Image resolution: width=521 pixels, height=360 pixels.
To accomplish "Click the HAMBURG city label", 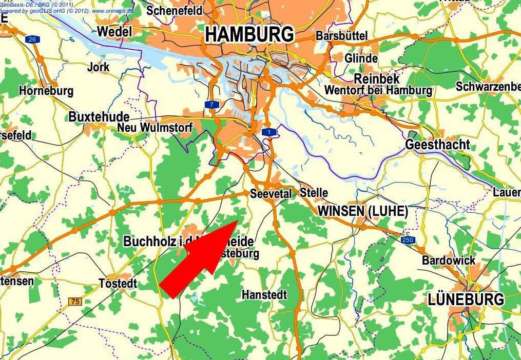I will (249, 34).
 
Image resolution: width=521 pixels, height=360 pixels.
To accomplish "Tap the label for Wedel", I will (114, 31).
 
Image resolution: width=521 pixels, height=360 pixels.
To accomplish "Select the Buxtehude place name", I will (99, 116).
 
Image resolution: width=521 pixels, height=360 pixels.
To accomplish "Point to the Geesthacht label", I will (437, 145).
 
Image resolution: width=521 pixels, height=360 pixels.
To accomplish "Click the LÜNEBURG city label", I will (466, 299).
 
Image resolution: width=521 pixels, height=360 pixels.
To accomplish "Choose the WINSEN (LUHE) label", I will (362, 211).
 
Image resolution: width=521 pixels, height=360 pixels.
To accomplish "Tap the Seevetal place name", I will (271, 194).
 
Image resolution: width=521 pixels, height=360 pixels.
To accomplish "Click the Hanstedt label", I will (264, 295).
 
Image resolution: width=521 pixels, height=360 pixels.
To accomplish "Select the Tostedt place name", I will (118, 283).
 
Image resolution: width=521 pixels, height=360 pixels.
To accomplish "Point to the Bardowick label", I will (449, 261).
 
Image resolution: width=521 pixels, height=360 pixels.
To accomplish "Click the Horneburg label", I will (46, 91).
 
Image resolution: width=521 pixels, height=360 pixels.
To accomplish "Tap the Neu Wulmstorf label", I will (155, 127).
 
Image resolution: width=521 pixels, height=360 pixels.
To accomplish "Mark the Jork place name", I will (98, 67).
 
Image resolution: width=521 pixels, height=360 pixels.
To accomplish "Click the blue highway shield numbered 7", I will (211, 105).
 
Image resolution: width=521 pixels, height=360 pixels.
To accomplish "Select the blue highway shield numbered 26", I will (33, 39).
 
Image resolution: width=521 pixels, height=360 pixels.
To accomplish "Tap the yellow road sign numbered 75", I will (75, 302).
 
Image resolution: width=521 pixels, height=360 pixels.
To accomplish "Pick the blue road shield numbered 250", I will (408, 239).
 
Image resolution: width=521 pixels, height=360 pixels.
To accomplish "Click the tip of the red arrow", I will (237, 220).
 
